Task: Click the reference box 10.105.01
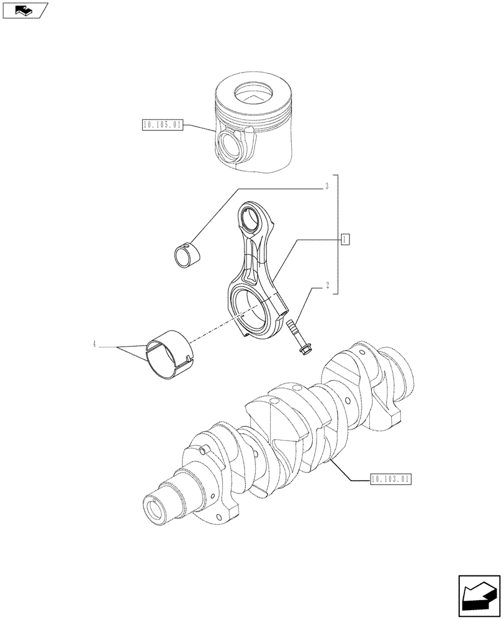[161, 125]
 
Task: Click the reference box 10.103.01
[390, 479]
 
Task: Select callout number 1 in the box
[346, 238]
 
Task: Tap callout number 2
[326, 286]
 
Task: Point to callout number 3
[326, 185]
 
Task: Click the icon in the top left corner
[24, 9]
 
